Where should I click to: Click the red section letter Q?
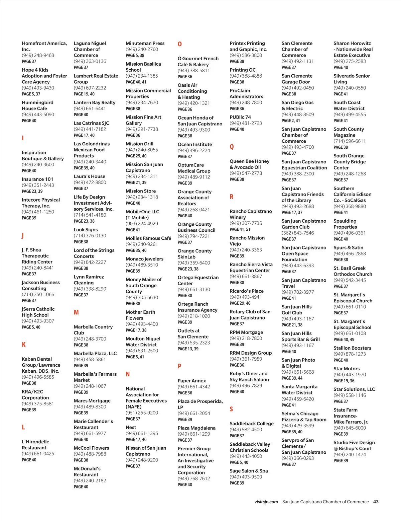pyautogui.click(x=232, y=147)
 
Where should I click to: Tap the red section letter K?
pyautogui.click(x=24, y=345)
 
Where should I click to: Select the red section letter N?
pyautogui.click(x=128, y=374)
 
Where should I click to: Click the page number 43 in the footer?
pyautogui.click(x=376, y=502)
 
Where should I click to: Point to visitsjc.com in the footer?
pyautogui.click(x=266, y=502)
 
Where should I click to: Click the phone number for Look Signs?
pyautogui.click(x=90, y=236)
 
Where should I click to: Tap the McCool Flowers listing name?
pyautogui.click(x=91, y=448)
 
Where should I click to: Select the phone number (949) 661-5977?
pyautogui.click(x=90, y=433)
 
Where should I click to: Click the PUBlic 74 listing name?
pyautogui.click(x=240, y=117)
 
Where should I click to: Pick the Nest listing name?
pyautogui.click(x=131, y=427)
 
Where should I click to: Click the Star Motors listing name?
pyautogui.click(x=347, y=369)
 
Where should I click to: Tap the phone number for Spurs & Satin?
pyautogui.click(x=350, y=253)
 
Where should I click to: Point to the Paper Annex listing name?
pyautogui.click(x=192, y=381)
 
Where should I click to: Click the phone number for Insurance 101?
pyautogui.click(x=38, y=185)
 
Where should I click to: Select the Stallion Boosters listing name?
pyautogui.click(x=352, y=348)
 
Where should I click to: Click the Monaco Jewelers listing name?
pyautogui.click(x=144, y=259)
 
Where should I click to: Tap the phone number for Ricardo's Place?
pyautogui.click(x=246, y=297)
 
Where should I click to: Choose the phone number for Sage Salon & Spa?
pyautogui.click(x=246, y=477)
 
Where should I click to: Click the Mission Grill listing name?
pyautogui.click(x=139, y=144)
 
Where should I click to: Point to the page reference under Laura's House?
pyautogui.click(x=81, y=189)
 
